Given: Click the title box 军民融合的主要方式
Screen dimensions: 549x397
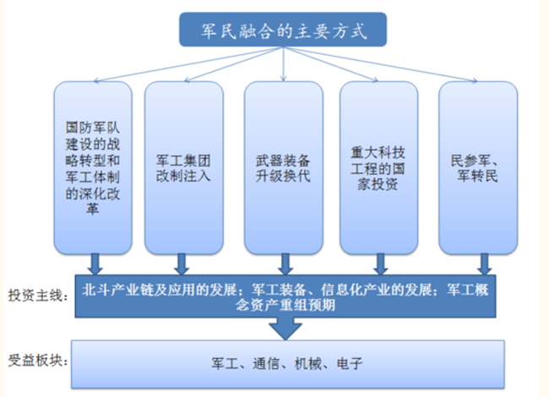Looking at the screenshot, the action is click(283, 30).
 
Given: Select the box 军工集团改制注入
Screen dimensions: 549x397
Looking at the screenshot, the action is click(184, 168).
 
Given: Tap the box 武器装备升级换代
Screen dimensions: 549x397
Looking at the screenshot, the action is click(283, 168).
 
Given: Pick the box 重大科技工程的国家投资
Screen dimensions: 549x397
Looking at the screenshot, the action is click(379, 168).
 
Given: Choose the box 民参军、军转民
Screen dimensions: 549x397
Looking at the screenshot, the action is click(478, 168).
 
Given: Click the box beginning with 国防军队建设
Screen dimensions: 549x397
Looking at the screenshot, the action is click(93, 168).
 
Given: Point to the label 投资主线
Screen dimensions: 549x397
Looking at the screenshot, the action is click(38, 296).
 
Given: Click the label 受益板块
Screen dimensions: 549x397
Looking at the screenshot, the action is click(38, 360).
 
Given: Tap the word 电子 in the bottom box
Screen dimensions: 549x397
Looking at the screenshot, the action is click(349, 364).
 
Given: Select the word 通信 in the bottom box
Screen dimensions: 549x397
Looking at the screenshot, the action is click(266, 364).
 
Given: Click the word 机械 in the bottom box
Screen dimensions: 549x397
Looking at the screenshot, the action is click(307, 364).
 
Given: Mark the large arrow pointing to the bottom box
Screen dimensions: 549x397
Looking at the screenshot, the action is click(285, 329).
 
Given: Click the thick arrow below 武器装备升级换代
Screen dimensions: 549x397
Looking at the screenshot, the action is click(285, 264).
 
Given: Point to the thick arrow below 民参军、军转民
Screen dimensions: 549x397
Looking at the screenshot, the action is click(484, 264).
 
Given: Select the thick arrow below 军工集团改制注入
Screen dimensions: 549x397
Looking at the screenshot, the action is click(182, 264).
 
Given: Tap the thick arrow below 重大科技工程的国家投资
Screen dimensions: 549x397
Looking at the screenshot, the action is click(381, 264).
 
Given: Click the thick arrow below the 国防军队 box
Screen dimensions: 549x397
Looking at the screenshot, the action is click(95, 264).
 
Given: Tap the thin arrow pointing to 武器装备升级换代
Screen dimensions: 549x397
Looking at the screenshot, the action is click(284, 64).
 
